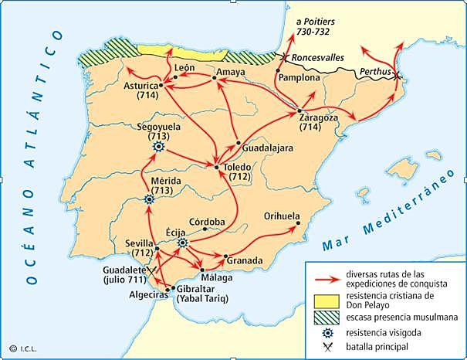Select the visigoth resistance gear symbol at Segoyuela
click(159, 146)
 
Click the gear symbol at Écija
click(183, 242)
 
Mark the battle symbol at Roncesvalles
click(286, 57)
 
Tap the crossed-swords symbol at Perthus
click(396, 76)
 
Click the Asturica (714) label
click(140, 90)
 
